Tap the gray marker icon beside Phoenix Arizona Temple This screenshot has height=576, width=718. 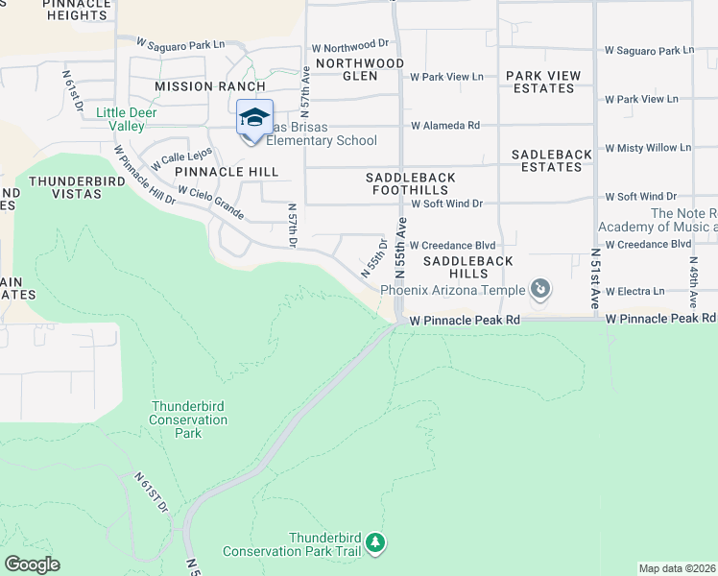(x=540, y=289)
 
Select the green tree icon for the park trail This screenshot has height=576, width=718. (x=377, y=544)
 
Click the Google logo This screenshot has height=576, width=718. (x=33, y=564)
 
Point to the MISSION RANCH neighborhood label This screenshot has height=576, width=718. (x=209, y=86)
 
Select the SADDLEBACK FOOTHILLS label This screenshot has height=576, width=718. (x=411, y=183)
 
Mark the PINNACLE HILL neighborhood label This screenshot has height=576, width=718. (x=227, y=172)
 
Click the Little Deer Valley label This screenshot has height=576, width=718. (x=127, y=119)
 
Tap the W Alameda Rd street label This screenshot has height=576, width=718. (x=444, y=126)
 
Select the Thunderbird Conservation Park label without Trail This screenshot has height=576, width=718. (x=189, y=420)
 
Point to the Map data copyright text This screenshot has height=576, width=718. (x=678, y=568)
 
